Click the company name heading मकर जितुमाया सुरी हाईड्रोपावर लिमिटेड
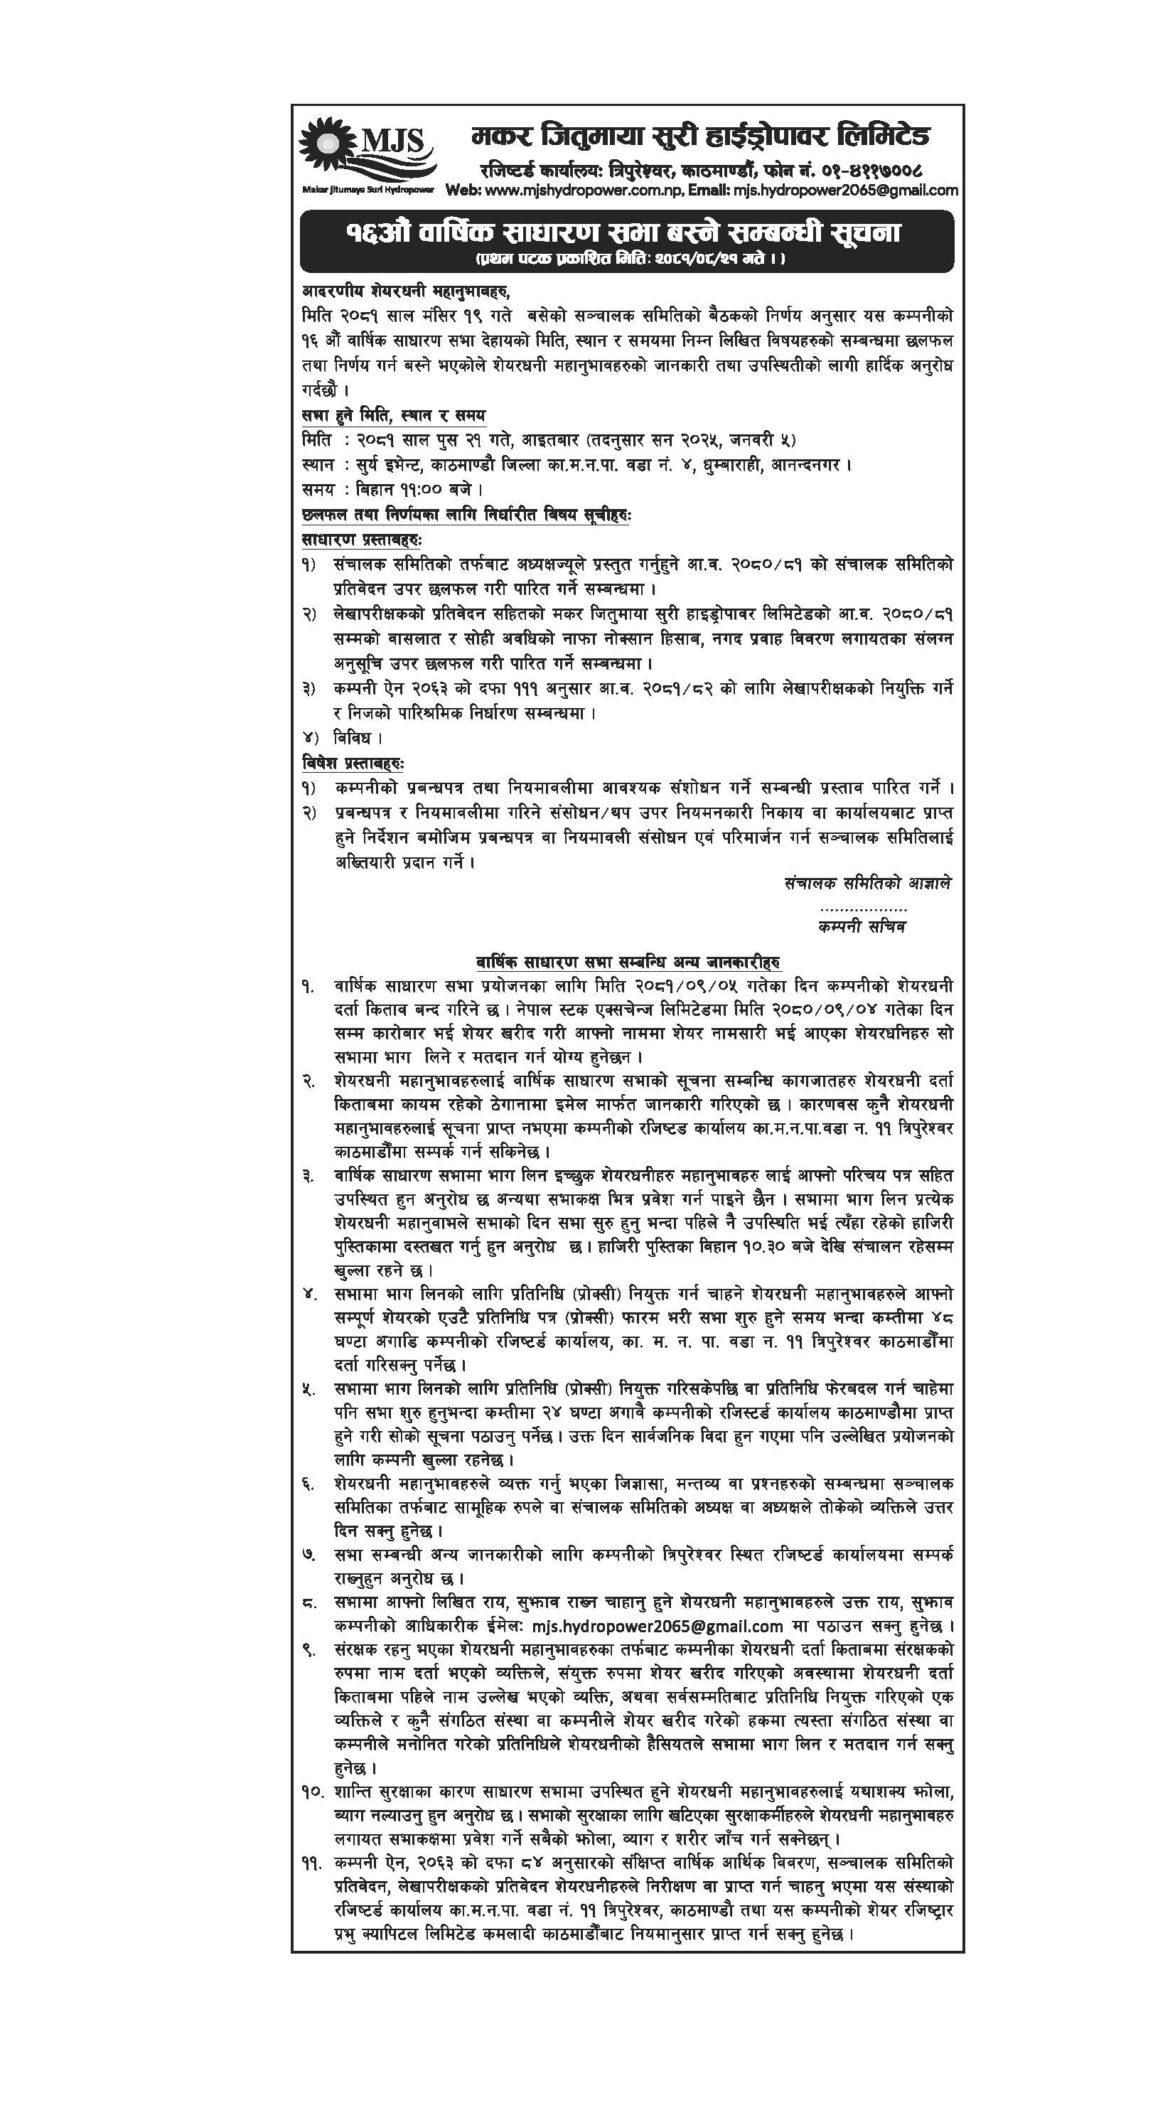(x=700, y=136)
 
